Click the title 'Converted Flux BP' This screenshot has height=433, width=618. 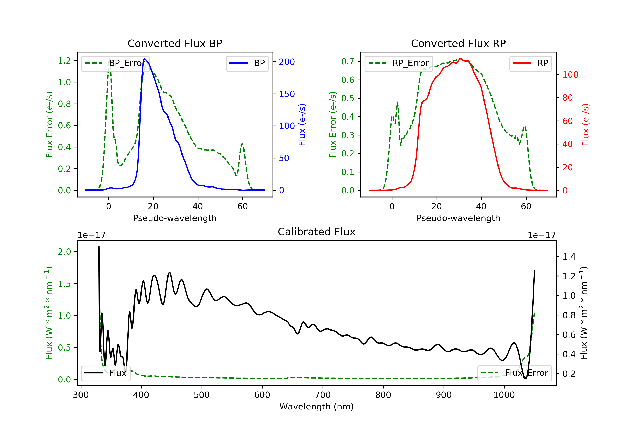tap(175, 43)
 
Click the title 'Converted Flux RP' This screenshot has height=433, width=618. tap(458, 43)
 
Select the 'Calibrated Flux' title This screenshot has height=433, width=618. tap(317, 232)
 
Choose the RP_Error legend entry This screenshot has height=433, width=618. tap(399, 63)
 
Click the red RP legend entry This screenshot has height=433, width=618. tap(530, 63)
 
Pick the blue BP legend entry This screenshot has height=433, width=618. tap(247, 63)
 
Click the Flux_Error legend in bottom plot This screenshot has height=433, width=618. tap(514, 373)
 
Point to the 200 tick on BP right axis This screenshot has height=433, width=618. tap(287, 62)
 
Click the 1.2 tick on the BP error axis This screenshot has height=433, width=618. tap(64, 61)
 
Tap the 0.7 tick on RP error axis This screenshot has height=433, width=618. tap(348, 61)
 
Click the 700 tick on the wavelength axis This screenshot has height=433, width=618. tap(323, 395)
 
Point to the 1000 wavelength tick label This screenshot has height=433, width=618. tap(504, 395)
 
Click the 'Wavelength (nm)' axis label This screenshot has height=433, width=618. tap(317, 407)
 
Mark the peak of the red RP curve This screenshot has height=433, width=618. tap(461, 59)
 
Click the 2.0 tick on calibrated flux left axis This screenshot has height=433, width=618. tap(64, 252)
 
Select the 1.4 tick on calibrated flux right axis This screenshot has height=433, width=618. tap(569, 257)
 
